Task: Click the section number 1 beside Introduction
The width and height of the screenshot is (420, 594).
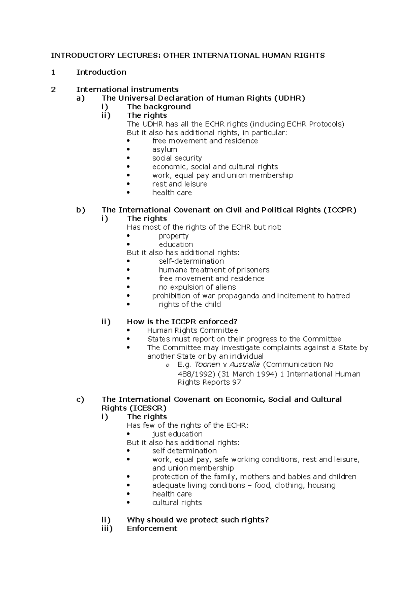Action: tap(53, 72)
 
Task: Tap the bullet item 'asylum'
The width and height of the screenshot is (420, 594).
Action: tap(164, 150)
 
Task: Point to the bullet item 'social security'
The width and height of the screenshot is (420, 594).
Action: tap(177, 158)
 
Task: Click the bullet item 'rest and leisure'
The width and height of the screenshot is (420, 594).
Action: tap(180, 184)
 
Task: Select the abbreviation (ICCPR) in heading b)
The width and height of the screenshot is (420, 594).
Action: tap(340, 210)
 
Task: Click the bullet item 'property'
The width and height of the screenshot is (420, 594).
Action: tap(174, 236)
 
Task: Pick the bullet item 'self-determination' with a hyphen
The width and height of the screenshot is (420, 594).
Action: tap(191, 262)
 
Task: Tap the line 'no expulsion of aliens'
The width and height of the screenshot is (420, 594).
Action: tap(197, 287)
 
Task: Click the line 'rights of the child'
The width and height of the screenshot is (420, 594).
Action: tap(190, 305)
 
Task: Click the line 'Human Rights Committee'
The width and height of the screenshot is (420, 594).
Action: tap(192, 331)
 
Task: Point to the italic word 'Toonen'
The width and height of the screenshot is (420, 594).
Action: tap(207, 365)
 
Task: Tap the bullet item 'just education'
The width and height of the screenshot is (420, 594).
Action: tap(177, 434)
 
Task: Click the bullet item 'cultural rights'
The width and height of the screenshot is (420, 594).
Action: tap(177, 503)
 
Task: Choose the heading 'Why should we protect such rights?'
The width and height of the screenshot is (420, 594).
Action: tap(198, 520)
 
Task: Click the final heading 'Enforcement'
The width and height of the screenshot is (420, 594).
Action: tap(152, 529)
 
